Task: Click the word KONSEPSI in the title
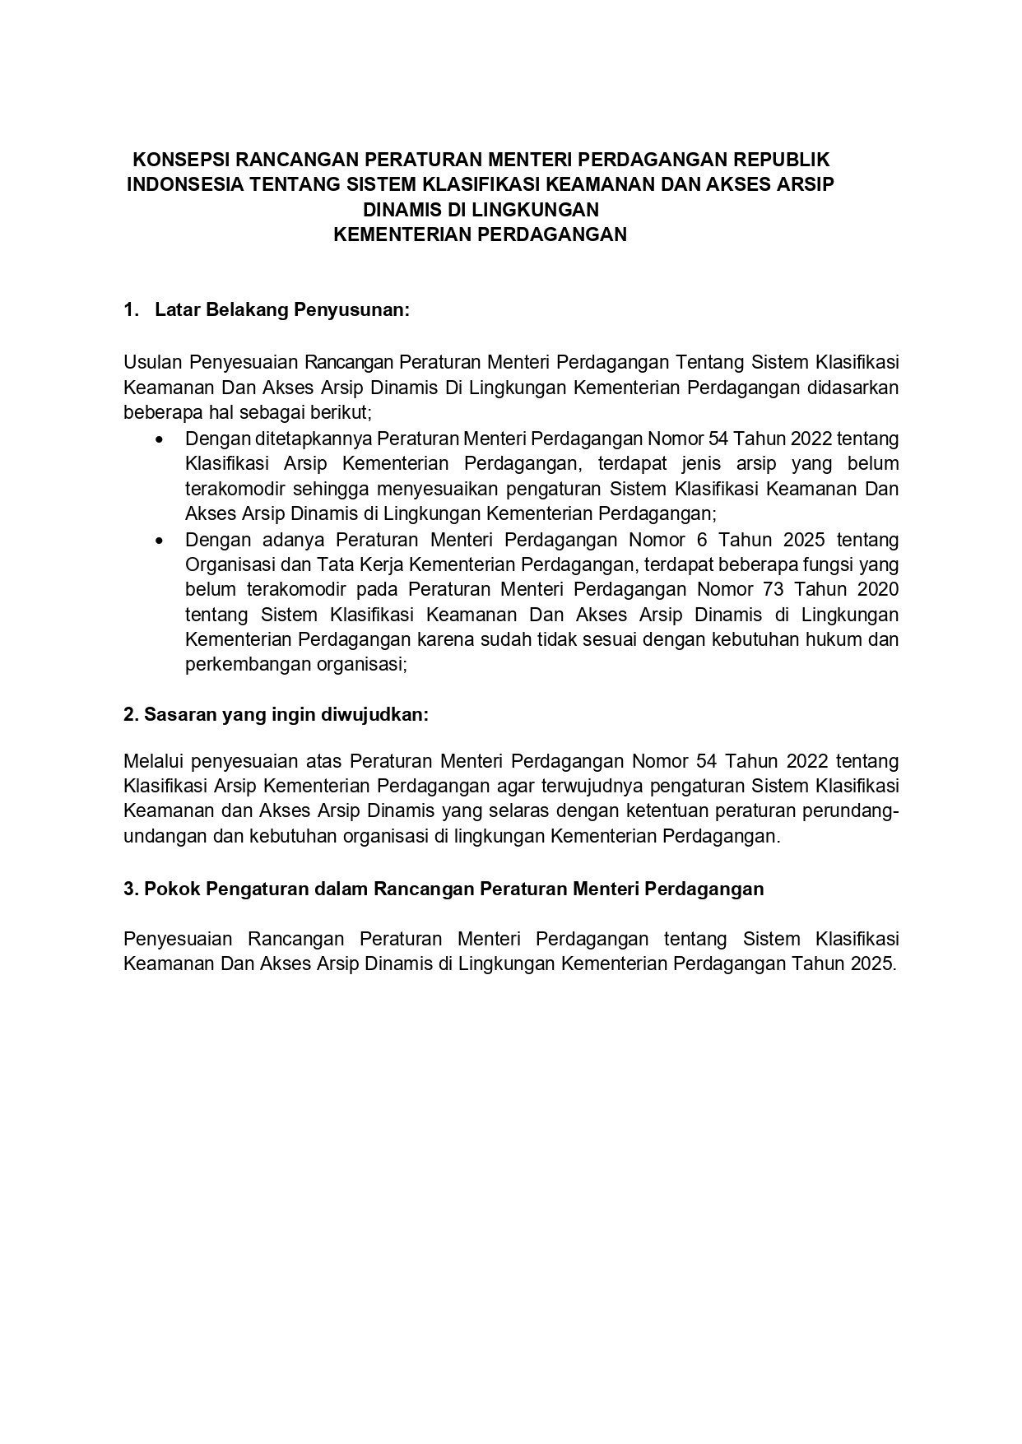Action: [x=174, y=159]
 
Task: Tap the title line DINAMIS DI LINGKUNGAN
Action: [x=481, y=209]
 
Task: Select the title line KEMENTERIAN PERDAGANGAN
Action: [x=481, y=234]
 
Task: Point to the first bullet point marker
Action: [x=160, y=439]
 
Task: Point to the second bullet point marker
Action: [x=160, y=541]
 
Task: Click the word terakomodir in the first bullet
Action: [x=231, y=489]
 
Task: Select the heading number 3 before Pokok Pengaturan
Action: [x=129, y=889]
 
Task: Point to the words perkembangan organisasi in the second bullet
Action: [x=296, y=665]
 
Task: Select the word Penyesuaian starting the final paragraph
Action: [x=173, y=939]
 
